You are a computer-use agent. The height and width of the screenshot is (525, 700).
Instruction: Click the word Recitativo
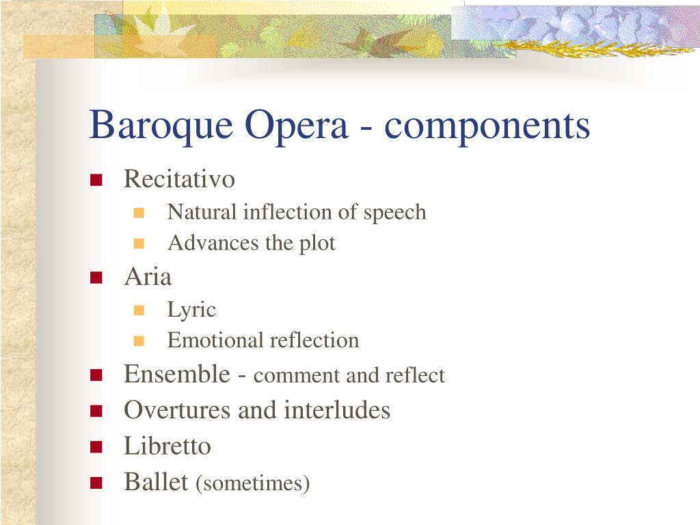[179, 179]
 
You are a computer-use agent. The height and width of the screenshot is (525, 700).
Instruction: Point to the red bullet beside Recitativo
[96, 180]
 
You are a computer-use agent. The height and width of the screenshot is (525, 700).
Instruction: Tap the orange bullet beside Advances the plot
[139, 243]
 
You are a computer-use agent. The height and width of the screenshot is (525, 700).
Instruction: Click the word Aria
[148, 277]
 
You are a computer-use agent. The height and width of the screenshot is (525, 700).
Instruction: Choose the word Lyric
[191, 310]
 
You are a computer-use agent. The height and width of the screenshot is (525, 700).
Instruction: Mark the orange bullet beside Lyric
[139, 310]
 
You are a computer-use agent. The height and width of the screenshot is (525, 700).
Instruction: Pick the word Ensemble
[177, 374]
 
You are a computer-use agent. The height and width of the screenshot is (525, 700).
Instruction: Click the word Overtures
[177, 410]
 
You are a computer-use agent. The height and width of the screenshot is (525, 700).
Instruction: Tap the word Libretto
[167, 446]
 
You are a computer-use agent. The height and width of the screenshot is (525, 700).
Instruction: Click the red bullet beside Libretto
[96, 448]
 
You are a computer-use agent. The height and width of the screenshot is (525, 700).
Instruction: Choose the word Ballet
[156, 482]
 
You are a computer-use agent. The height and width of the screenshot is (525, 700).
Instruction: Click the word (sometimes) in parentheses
[253, 484]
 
